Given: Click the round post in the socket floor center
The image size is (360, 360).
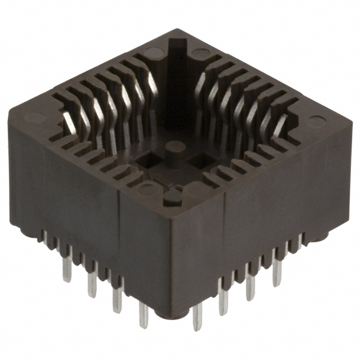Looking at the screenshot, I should [175, 147].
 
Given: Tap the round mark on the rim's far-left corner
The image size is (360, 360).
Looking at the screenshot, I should [35, 118].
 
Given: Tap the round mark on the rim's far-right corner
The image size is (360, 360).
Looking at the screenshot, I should [316, 121].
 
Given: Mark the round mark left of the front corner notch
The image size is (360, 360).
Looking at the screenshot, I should [148, 189].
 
